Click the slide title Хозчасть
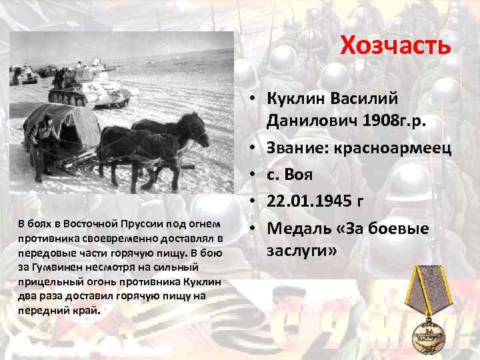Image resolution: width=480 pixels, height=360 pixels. (x=395, y=46)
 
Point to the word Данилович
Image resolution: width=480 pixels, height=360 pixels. (x=309, y=123)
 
